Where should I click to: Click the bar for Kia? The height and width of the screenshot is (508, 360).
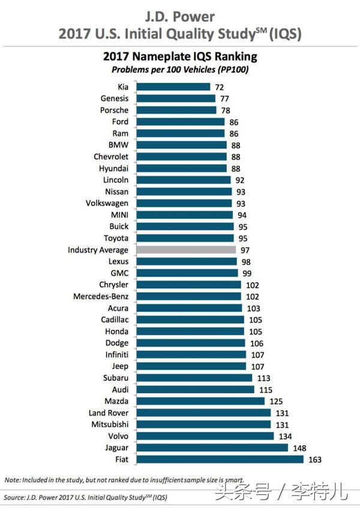tap(173, 87)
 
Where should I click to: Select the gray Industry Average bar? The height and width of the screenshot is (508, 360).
tap(185, 250)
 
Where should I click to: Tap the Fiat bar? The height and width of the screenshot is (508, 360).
tap(220, 459)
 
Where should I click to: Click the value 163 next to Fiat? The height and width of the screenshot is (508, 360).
tap(315, 459)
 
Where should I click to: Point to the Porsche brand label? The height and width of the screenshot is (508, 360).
tap(114, 110)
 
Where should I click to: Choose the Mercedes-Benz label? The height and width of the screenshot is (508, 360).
tap(101, 296)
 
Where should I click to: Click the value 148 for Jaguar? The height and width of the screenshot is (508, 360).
tap(299, 447)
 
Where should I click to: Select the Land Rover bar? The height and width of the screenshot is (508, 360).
tap(203, 413)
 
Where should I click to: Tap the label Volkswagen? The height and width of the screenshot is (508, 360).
tap(106, 203)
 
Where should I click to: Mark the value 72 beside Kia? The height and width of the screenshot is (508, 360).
tap(220, 87)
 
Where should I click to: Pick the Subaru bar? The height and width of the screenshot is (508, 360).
tap(194, 378)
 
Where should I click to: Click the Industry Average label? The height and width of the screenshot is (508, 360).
tap(98, 250)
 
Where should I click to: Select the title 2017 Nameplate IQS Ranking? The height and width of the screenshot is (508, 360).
tap(180, 58)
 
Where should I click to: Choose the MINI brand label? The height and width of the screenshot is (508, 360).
tap(118, 215)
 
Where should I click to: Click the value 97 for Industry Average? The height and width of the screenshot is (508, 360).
tap(245, 250)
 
